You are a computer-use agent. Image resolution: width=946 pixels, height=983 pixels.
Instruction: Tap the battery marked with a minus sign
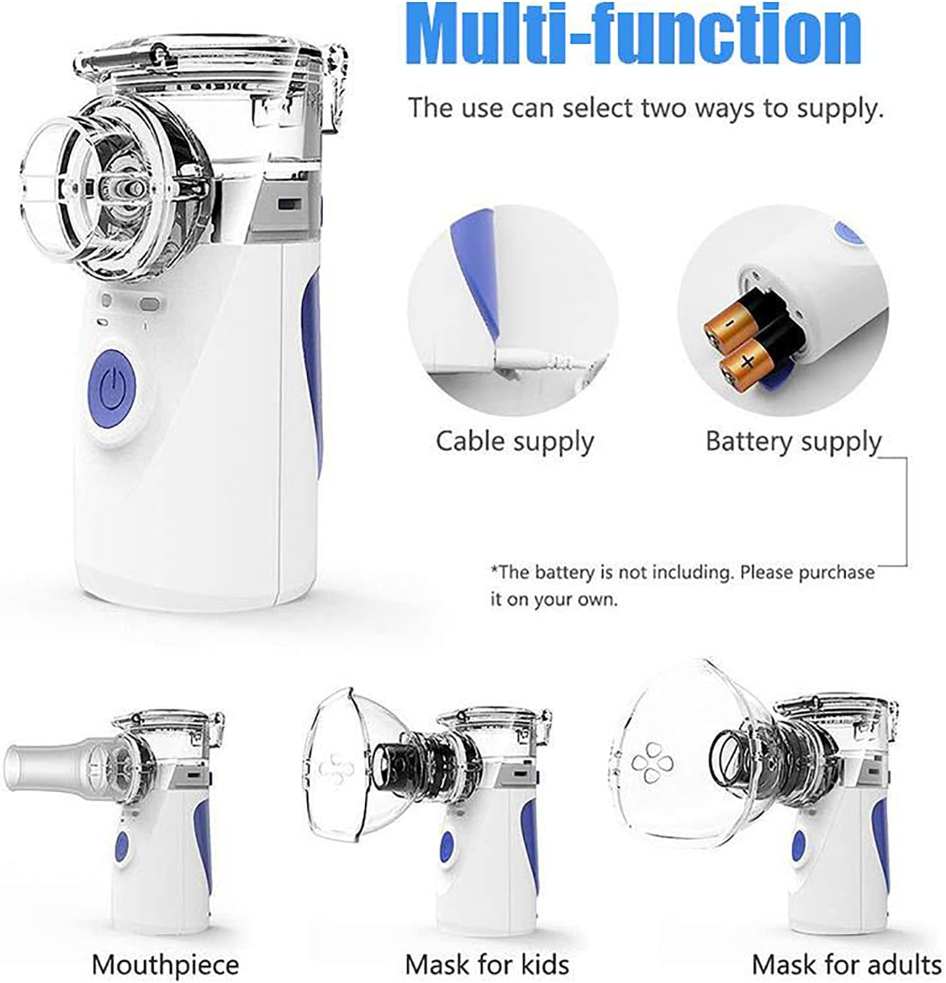coord(727,325)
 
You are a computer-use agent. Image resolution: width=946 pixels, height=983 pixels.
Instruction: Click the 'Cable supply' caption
coord(515,441)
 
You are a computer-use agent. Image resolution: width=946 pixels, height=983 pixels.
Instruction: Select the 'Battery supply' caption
coord(793,441)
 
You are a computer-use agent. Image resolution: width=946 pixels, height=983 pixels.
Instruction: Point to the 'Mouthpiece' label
coord(165,965)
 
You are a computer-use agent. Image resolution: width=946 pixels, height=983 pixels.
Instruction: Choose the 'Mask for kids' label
coord(487,965)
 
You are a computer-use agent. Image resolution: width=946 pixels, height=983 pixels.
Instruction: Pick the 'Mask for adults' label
coord(847,965)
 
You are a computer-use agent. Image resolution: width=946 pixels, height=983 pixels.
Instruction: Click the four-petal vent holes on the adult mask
coord(653,762)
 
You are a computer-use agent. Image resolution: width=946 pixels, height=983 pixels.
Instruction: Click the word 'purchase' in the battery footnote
coord(837,572)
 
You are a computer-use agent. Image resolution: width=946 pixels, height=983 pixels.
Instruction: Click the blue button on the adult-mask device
coord(798,844)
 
